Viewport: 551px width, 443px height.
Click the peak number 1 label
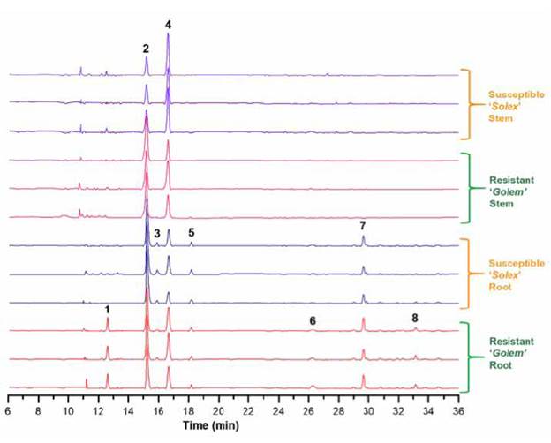(x=108, y=310)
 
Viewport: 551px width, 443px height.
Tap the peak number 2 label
(x=146, y=49)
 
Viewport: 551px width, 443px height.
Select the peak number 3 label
(x=157, y=233)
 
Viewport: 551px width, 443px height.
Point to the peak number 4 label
(x=168, y=25)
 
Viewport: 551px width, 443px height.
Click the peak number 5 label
(x=191, y=232)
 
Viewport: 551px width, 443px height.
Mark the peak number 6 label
(x=313, y=320)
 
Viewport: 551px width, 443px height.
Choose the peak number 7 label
(x=363, y=227)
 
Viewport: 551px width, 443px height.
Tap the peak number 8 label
(x=415, y=318)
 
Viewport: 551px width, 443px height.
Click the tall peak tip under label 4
(x=168, y=35)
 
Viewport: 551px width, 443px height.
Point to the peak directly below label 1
(x=108, y=319)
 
